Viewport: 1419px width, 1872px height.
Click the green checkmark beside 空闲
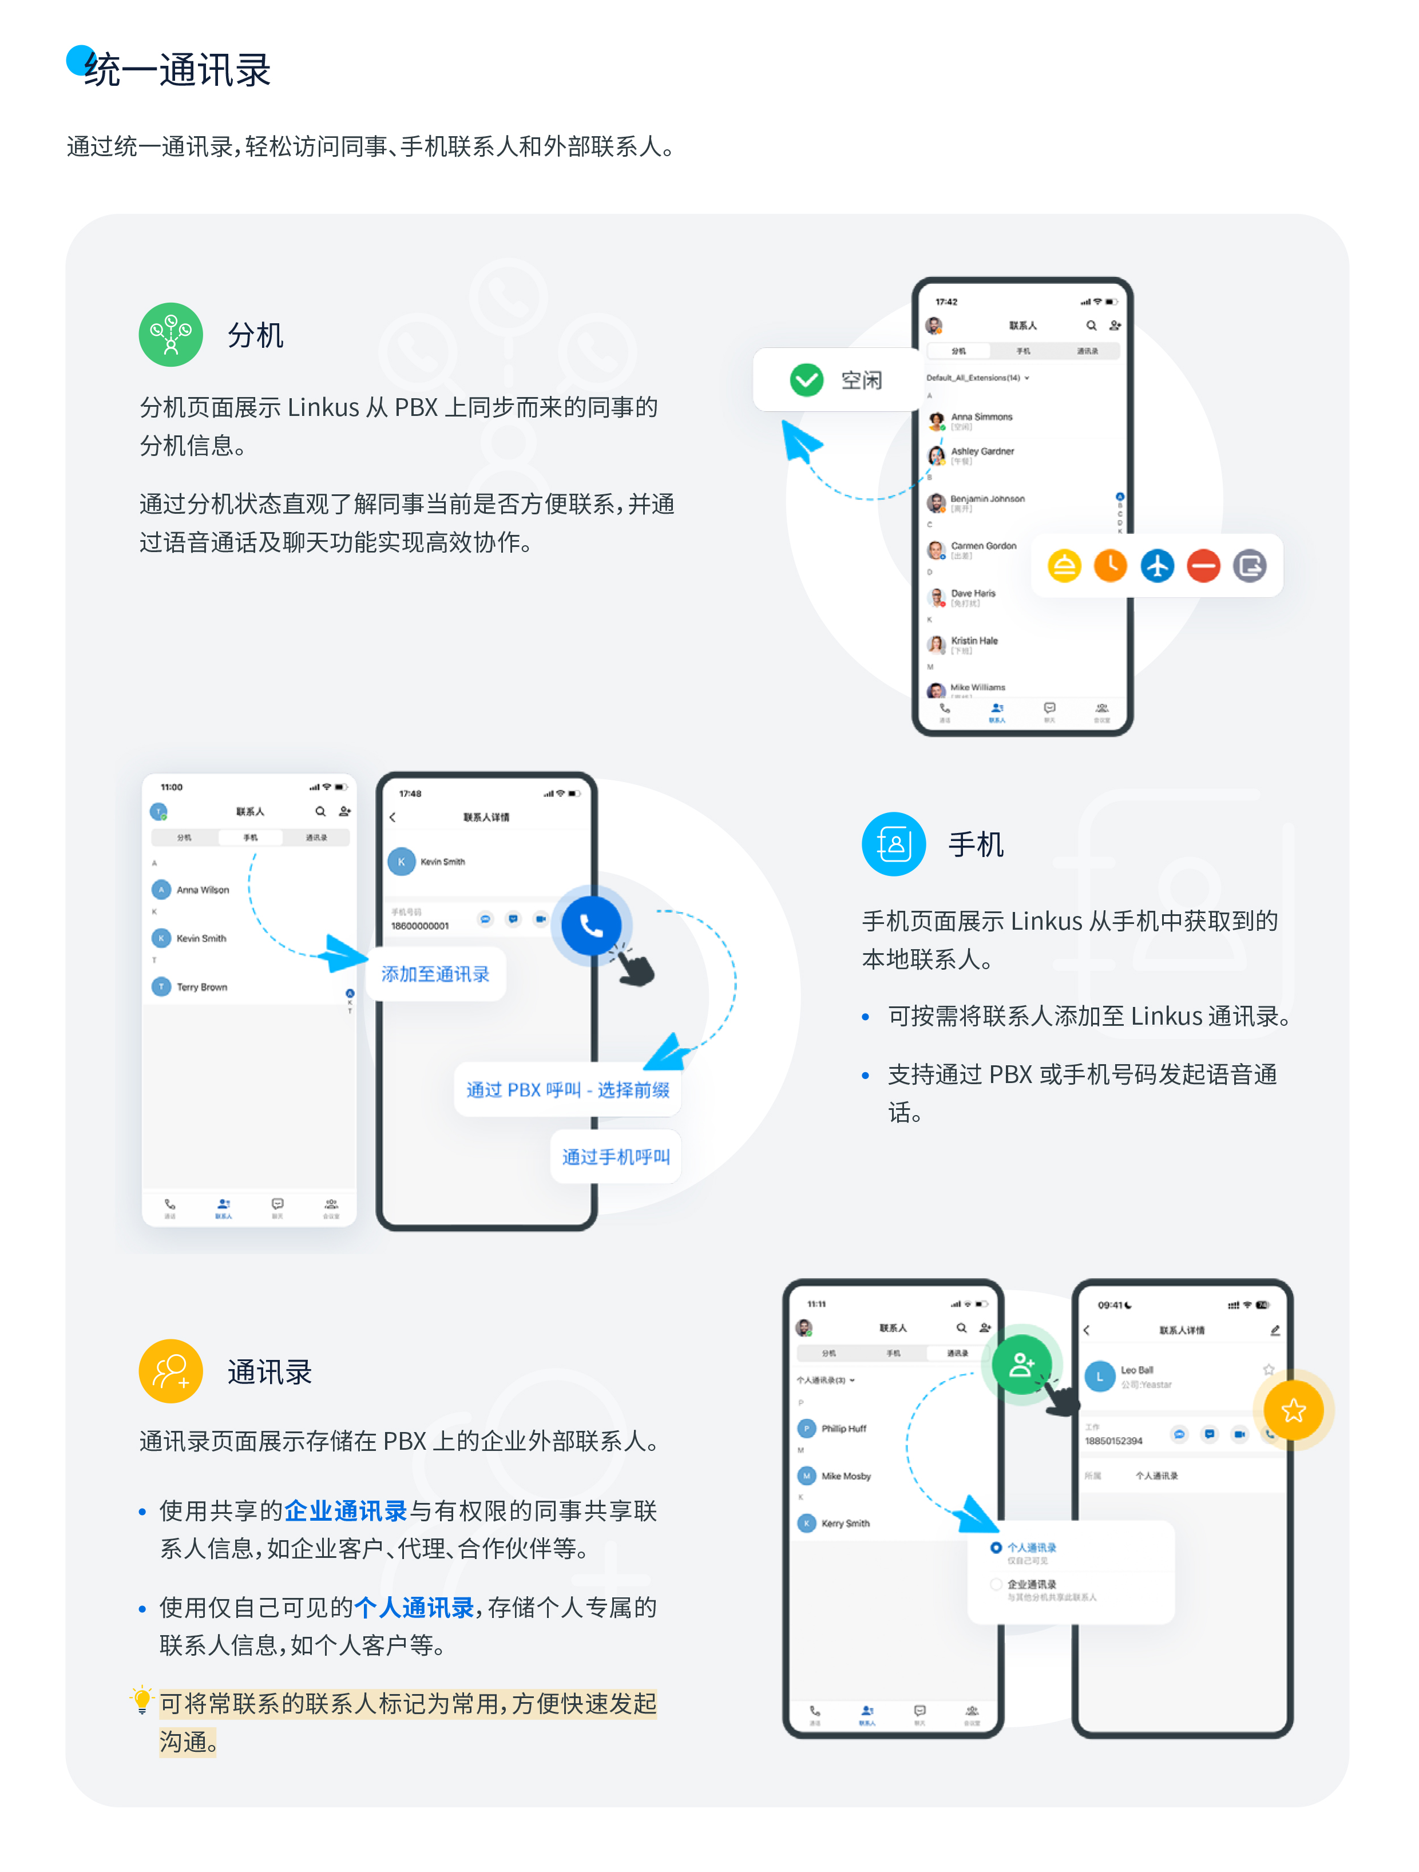pos(806,380)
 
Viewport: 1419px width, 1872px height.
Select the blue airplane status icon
pos(1157,565)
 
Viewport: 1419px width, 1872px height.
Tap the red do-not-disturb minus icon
pos(1202,565)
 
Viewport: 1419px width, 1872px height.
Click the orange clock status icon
pos(1110,565)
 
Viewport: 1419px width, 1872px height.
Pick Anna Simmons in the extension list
pos(981,417)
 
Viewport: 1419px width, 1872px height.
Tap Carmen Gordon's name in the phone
pos(983,546)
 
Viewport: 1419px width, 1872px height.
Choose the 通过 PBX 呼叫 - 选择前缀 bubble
pos(567,1090)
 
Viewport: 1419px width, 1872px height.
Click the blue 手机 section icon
pos(894,844)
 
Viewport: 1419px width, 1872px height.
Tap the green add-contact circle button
pos(1021,1364)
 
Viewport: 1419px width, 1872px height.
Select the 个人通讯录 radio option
pos(996,1548)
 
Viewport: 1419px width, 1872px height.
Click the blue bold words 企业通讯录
pos(345,1510)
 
